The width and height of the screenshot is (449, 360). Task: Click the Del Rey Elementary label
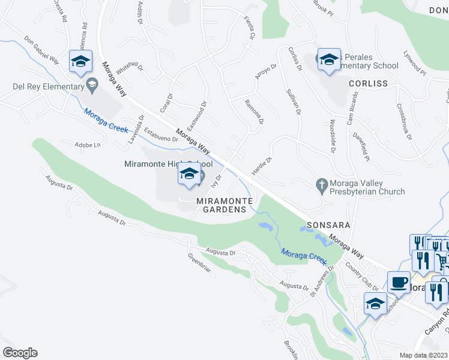pyautogui.click(x=48, y=86)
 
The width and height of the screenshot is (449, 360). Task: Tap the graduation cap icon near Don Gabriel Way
pyautogui.click(x=80, y=61)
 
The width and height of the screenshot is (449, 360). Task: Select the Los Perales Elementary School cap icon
pyautogui.click(x=329, y=59)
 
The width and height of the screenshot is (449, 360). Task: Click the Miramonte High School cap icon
pyautogui.click(x=188, y=175)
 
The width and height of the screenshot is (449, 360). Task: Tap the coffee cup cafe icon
pyautogui.click(x=398, y=282)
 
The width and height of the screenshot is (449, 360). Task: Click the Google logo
pyautogui.click(x=20, y=353)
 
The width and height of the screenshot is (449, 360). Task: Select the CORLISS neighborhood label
pyautogui.click(x=363, y=83)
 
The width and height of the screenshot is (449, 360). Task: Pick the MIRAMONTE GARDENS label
pyautogui.click(x=224, y=205)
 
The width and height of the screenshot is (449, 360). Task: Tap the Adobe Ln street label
pyautogui.click(x=87, y=145)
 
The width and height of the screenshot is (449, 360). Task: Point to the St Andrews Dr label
pyautogui.click(x=321, y=283)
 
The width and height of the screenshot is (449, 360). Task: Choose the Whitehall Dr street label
pyautogui.click(x=130, y=74)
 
